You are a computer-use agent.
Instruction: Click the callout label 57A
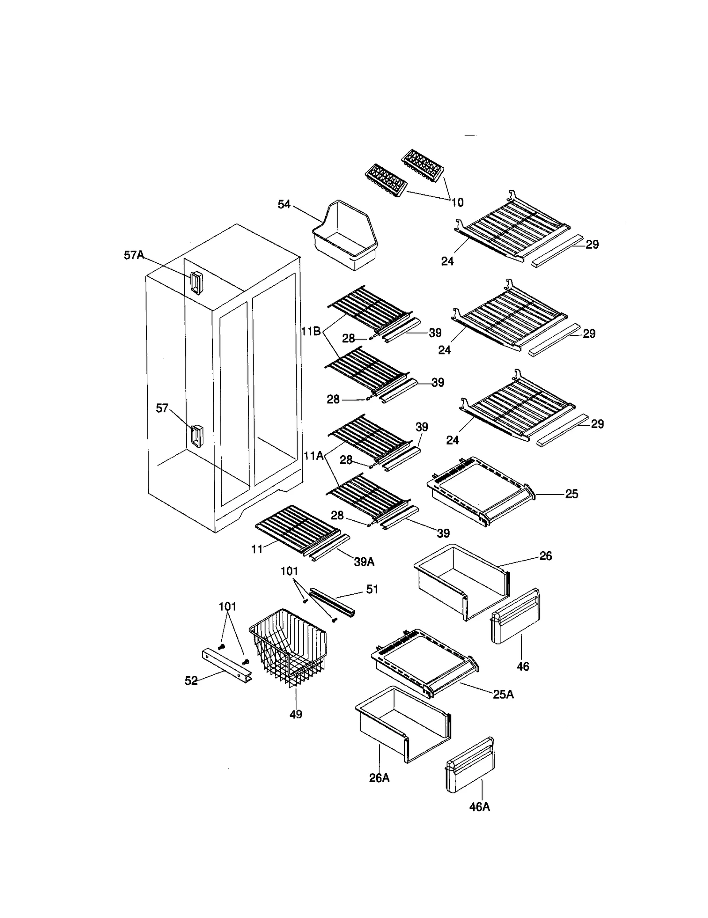(133, 255)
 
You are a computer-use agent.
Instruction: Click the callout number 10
(457, 202)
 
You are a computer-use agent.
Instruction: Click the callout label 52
(191, 681)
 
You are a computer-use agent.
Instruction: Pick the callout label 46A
(479, 807)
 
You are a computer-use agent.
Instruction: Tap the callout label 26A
(379, 778)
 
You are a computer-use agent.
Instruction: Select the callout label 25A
(503, 694)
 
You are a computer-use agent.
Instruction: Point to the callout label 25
(572, 494)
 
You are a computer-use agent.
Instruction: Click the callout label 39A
(364, 562)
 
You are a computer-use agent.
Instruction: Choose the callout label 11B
(311, 331)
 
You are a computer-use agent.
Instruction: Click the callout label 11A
(313, 455)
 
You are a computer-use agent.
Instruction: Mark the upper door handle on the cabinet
(196, 282)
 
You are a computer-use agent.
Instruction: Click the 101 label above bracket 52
(227, 606)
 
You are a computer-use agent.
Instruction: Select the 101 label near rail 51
(289, 571)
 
